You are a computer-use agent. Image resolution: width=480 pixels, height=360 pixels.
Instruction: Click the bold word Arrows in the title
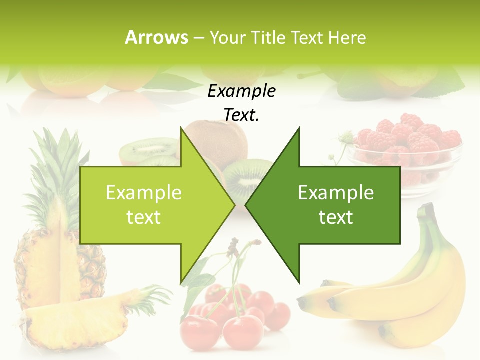pos(156,37)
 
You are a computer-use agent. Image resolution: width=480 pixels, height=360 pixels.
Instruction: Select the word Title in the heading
pos(268,37)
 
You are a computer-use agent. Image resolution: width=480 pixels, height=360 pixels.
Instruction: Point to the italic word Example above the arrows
pos(241,91)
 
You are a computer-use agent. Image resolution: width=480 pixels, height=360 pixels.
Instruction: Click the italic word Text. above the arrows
pos(241,115)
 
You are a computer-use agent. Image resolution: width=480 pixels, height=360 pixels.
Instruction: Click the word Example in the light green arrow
pos(144,192)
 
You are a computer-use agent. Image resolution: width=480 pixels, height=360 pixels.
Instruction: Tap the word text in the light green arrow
pos(144,217)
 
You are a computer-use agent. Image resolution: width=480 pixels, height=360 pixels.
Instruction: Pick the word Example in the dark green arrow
pos(336,192)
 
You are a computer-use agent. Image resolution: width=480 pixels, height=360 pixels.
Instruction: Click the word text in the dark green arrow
pos(336,217)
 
